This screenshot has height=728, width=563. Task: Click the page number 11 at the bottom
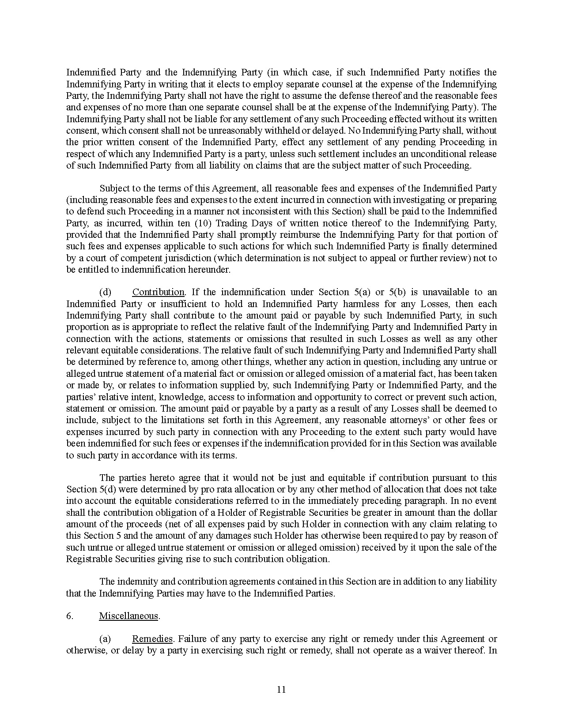(281, 690)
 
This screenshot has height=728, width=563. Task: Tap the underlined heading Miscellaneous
(128, 616)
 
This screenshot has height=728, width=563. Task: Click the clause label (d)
(105, 292)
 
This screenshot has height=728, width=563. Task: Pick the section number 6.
(70, 616)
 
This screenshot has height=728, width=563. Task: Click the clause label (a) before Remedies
(105, 639)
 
